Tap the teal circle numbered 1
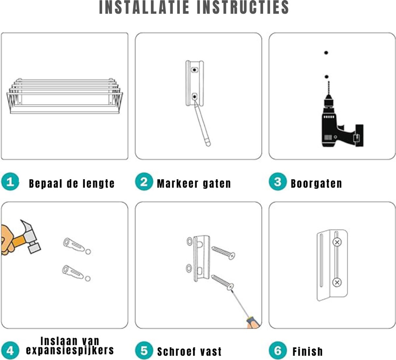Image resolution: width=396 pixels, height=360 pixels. (10, 181)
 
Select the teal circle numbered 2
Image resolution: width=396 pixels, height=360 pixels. (144, 181)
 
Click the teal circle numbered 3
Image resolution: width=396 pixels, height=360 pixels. (278, 181)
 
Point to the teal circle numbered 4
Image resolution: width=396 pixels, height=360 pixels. (10, 350)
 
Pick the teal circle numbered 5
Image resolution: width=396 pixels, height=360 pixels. (144, 350)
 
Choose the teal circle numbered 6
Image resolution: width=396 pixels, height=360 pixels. (278, 350)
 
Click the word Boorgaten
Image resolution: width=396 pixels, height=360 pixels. (316, 184)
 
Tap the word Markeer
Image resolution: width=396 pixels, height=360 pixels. (178, 184)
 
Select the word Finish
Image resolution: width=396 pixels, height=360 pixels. (308, 351)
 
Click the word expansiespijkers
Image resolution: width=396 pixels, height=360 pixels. (70, 351)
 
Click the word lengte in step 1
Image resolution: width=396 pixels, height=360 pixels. (99, 184)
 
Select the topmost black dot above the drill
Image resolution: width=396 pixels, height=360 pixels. (326, 53)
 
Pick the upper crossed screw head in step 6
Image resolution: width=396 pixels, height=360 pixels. (337, 242)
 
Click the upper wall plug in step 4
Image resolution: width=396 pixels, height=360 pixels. (74, 245)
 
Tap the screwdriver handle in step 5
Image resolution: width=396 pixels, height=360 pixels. (253, 323)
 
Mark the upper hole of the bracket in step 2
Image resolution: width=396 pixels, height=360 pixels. (194, 70)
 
